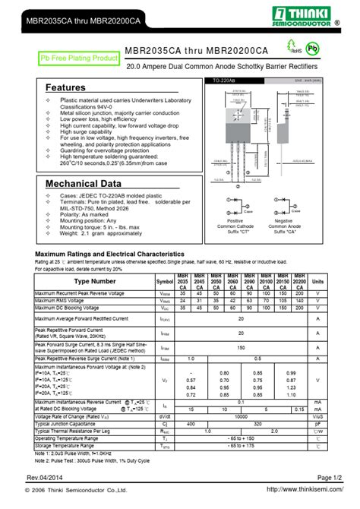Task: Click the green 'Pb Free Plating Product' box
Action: [80, 58]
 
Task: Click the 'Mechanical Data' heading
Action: [83, 184]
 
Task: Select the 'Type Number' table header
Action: [95, 281]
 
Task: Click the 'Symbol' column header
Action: [165, 281]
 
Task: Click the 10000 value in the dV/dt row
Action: [241, 416]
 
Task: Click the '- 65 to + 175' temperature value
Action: [241, 445]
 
